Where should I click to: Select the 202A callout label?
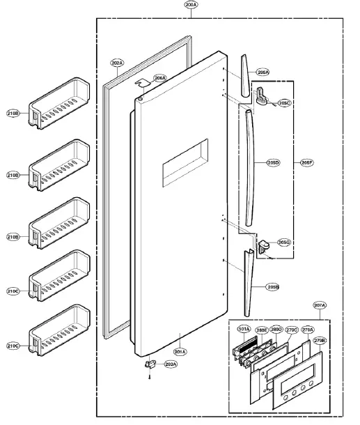[x=117, y=63]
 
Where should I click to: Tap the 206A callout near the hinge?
[x=159, y=79]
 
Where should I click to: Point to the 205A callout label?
[x=262, y=72]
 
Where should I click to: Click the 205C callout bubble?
[x=284, y=103]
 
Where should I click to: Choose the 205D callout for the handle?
[x=272, y=162]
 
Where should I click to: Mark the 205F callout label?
[x=305, y=162]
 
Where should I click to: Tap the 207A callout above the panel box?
[x=320, y=305]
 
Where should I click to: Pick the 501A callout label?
[x=244, y=330]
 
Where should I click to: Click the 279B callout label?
[x=320, y=341]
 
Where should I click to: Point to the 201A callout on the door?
[x=179, y=352]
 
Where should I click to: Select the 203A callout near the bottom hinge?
[x=171, y=364]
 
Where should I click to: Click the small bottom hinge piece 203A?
[x=148, y=364]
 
